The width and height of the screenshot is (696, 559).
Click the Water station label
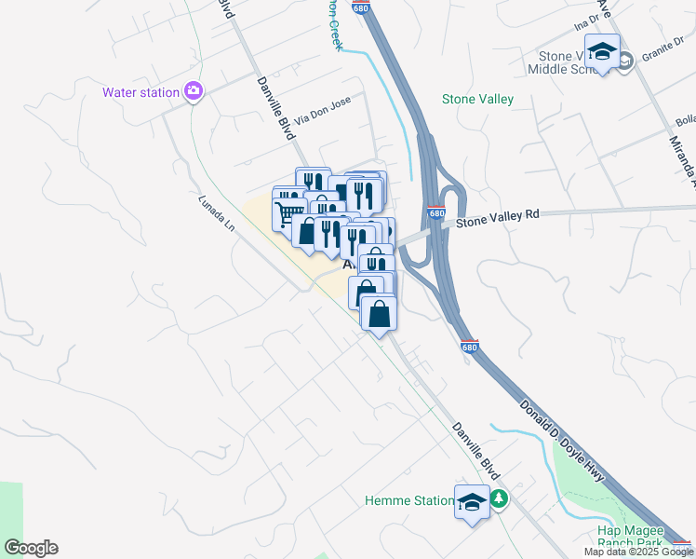[141, 92]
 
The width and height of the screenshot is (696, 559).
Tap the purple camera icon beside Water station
[194, 91]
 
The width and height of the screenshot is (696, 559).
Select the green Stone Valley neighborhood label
[477, 99]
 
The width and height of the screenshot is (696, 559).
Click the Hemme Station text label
[408, 500]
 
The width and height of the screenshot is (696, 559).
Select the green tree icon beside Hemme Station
[500, 499]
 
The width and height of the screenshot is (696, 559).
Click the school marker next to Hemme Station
[472, 502]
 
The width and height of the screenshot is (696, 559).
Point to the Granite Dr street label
[663, 55]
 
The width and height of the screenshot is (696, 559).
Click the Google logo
[31, 548]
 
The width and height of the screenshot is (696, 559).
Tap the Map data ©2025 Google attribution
[638, 552]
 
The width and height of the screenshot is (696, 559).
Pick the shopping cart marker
[289, 212]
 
